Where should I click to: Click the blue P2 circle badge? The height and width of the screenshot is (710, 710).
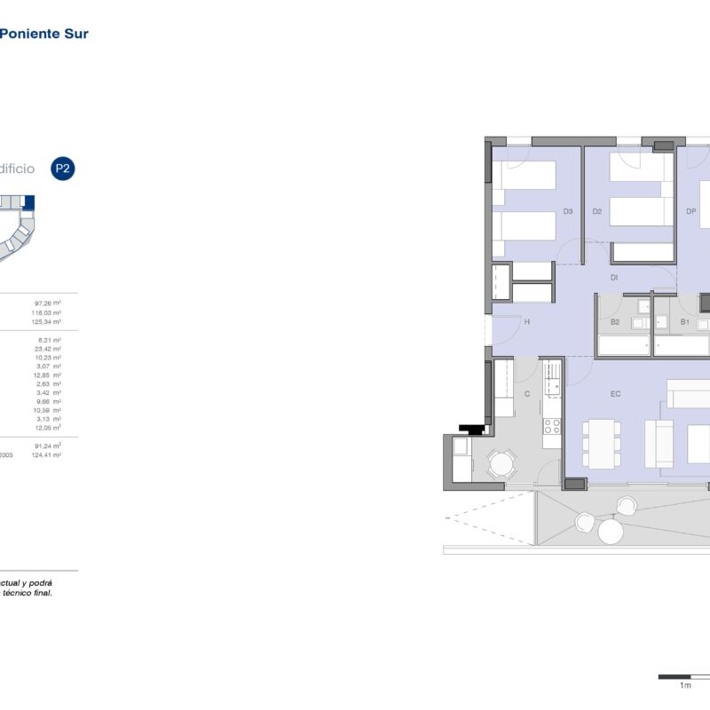pyautogui.click(x=62, y=169)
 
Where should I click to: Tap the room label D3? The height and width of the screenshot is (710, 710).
pyautogui.click(x=568, y=211)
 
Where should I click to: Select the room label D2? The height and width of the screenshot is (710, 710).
pyautogui.click(x=597, y=211)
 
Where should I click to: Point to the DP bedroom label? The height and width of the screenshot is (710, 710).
pyautogui.click(x=691, y=211)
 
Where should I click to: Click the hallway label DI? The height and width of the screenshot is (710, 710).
pyautogui.click(x=613, y=278)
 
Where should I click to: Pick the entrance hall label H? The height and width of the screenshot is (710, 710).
pyautogui.click(x=526, y=322)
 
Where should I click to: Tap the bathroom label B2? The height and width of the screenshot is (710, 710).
pyautogui.click(x=614, y=322)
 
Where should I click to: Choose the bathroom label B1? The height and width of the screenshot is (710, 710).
pyautogui.click(x=684, y=322)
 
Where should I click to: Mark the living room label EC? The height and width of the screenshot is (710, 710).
pyautogui.click(x=615, y=393)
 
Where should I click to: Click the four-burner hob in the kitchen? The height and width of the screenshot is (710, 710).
pyautogui.click(x=552, y=425)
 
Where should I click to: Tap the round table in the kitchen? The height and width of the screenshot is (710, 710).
pyautogui.click(x=502, y=463)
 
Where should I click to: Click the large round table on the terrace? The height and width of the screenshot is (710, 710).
pyautogui.click(x=611, y=532)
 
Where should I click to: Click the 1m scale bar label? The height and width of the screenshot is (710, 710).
pyautogui.click(x=684, y=686)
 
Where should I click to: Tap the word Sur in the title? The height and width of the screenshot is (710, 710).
pyautogui.click(x=76, y=34)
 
